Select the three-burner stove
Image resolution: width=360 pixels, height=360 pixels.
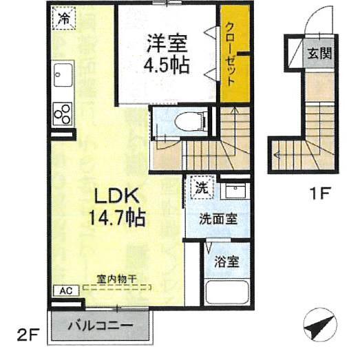63,114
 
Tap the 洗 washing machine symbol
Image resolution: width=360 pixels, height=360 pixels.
201,186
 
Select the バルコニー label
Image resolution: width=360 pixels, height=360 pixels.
100,326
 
